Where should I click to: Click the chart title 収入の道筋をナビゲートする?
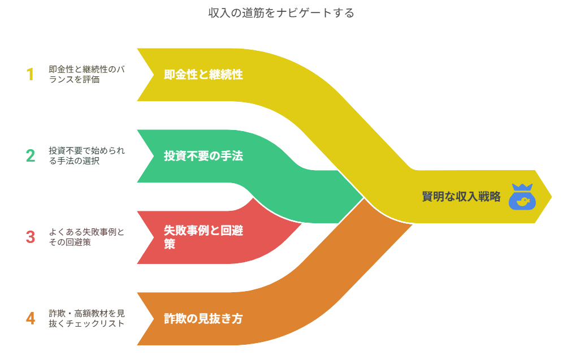coord(281,12)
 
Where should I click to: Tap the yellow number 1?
coord(30,75)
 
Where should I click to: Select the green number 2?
coord(30,155)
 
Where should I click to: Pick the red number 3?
coord(31,237)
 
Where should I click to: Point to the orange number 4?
coord(31,318)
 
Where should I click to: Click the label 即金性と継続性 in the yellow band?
coord(203,75)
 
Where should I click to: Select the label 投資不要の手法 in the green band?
coord(203,156)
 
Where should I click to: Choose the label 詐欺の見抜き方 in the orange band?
coord(203,318)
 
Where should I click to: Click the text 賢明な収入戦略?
coord(461,197)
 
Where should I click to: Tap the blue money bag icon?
coord(522,197)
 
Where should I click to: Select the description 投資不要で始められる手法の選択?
coord(87,155)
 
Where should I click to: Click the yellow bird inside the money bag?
coord(523,201)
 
